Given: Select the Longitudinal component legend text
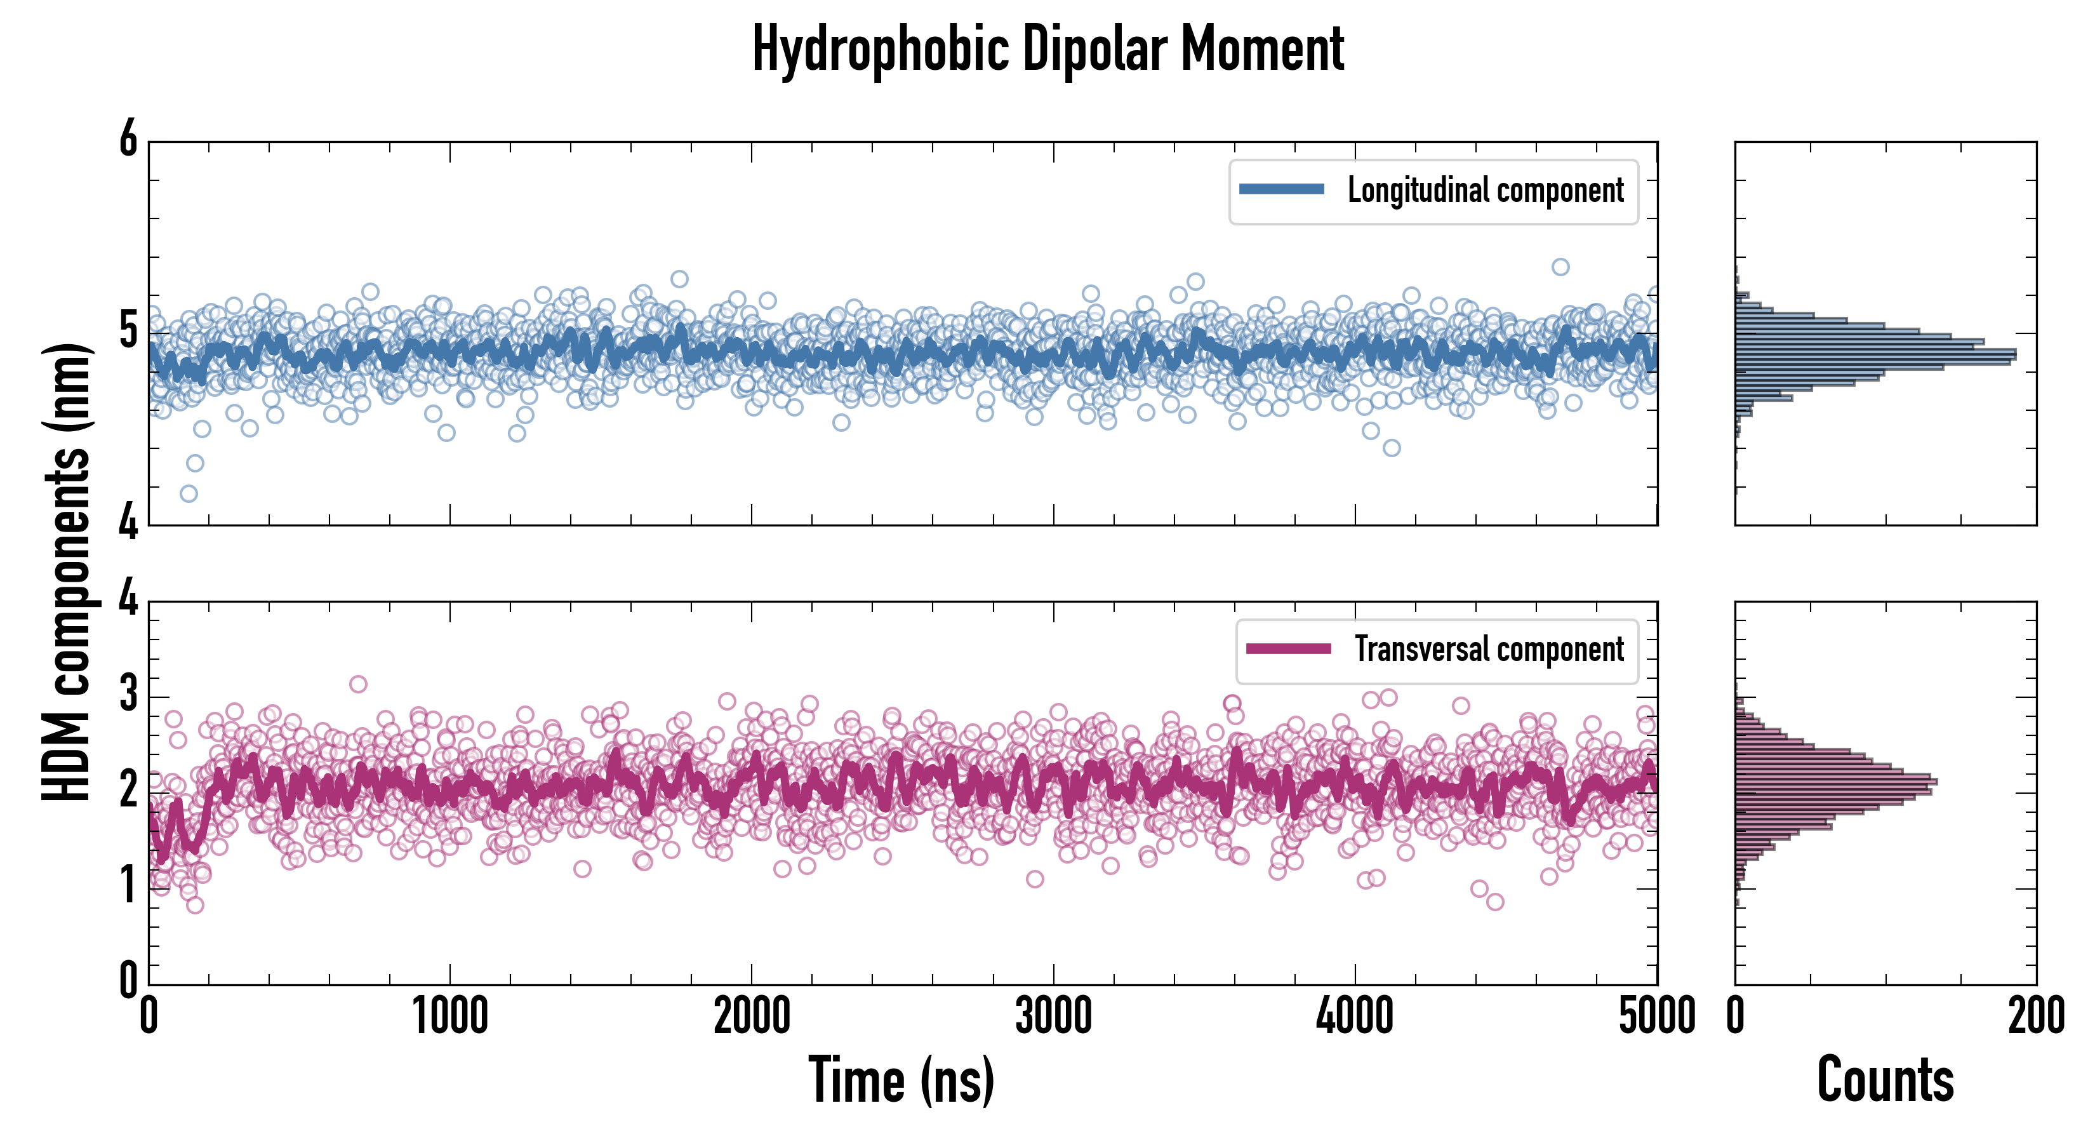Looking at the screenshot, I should coord(1485,190).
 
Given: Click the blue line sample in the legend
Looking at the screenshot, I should coord(1281,190).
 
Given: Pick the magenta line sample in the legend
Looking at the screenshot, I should coord(1288,649).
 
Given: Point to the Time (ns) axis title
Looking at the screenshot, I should coord(901,1080).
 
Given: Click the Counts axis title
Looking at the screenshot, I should coord(1884,1080).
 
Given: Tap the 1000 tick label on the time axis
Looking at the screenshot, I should coord(449,1017).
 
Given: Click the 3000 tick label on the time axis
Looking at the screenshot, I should coord(1053,1017).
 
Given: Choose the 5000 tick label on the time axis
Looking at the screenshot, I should coord(1657,1017).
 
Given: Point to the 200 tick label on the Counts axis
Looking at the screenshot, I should coord(2035,1017).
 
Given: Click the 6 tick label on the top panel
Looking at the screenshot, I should coord(128,140).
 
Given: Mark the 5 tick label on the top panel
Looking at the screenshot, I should coord(128,332).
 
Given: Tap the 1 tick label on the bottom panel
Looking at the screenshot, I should coord(128,886).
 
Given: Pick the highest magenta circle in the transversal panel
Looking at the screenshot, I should coord(358,684).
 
